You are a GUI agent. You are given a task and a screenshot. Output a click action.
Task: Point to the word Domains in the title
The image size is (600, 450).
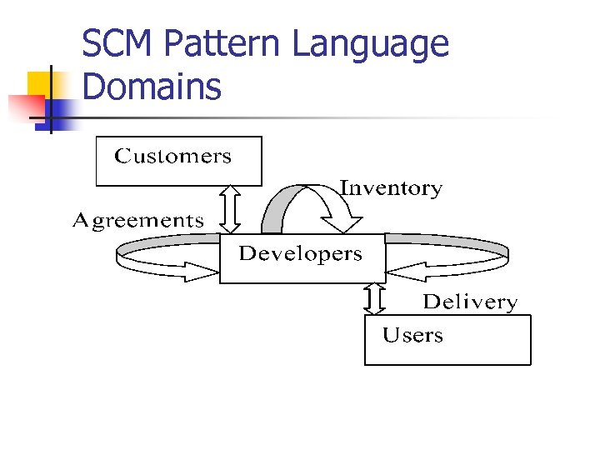152,86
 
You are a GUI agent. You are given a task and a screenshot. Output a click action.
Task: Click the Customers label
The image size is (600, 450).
172,157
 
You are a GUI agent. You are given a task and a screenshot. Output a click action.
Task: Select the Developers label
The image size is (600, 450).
301,254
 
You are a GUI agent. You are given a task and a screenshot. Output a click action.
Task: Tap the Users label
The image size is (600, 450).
412,336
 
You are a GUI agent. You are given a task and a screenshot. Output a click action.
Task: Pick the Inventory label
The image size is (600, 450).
391,188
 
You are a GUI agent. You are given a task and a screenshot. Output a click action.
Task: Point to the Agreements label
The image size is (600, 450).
138,221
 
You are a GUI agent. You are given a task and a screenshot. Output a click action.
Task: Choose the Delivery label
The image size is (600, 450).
470,302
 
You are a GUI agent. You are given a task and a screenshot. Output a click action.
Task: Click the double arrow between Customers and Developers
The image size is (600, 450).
232,208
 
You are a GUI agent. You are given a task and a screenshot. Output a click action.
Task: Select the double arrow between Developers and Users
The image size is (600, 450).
375,299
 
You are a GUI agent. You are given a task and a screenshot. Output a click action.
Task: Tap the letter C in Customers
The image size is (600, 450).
122,157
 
